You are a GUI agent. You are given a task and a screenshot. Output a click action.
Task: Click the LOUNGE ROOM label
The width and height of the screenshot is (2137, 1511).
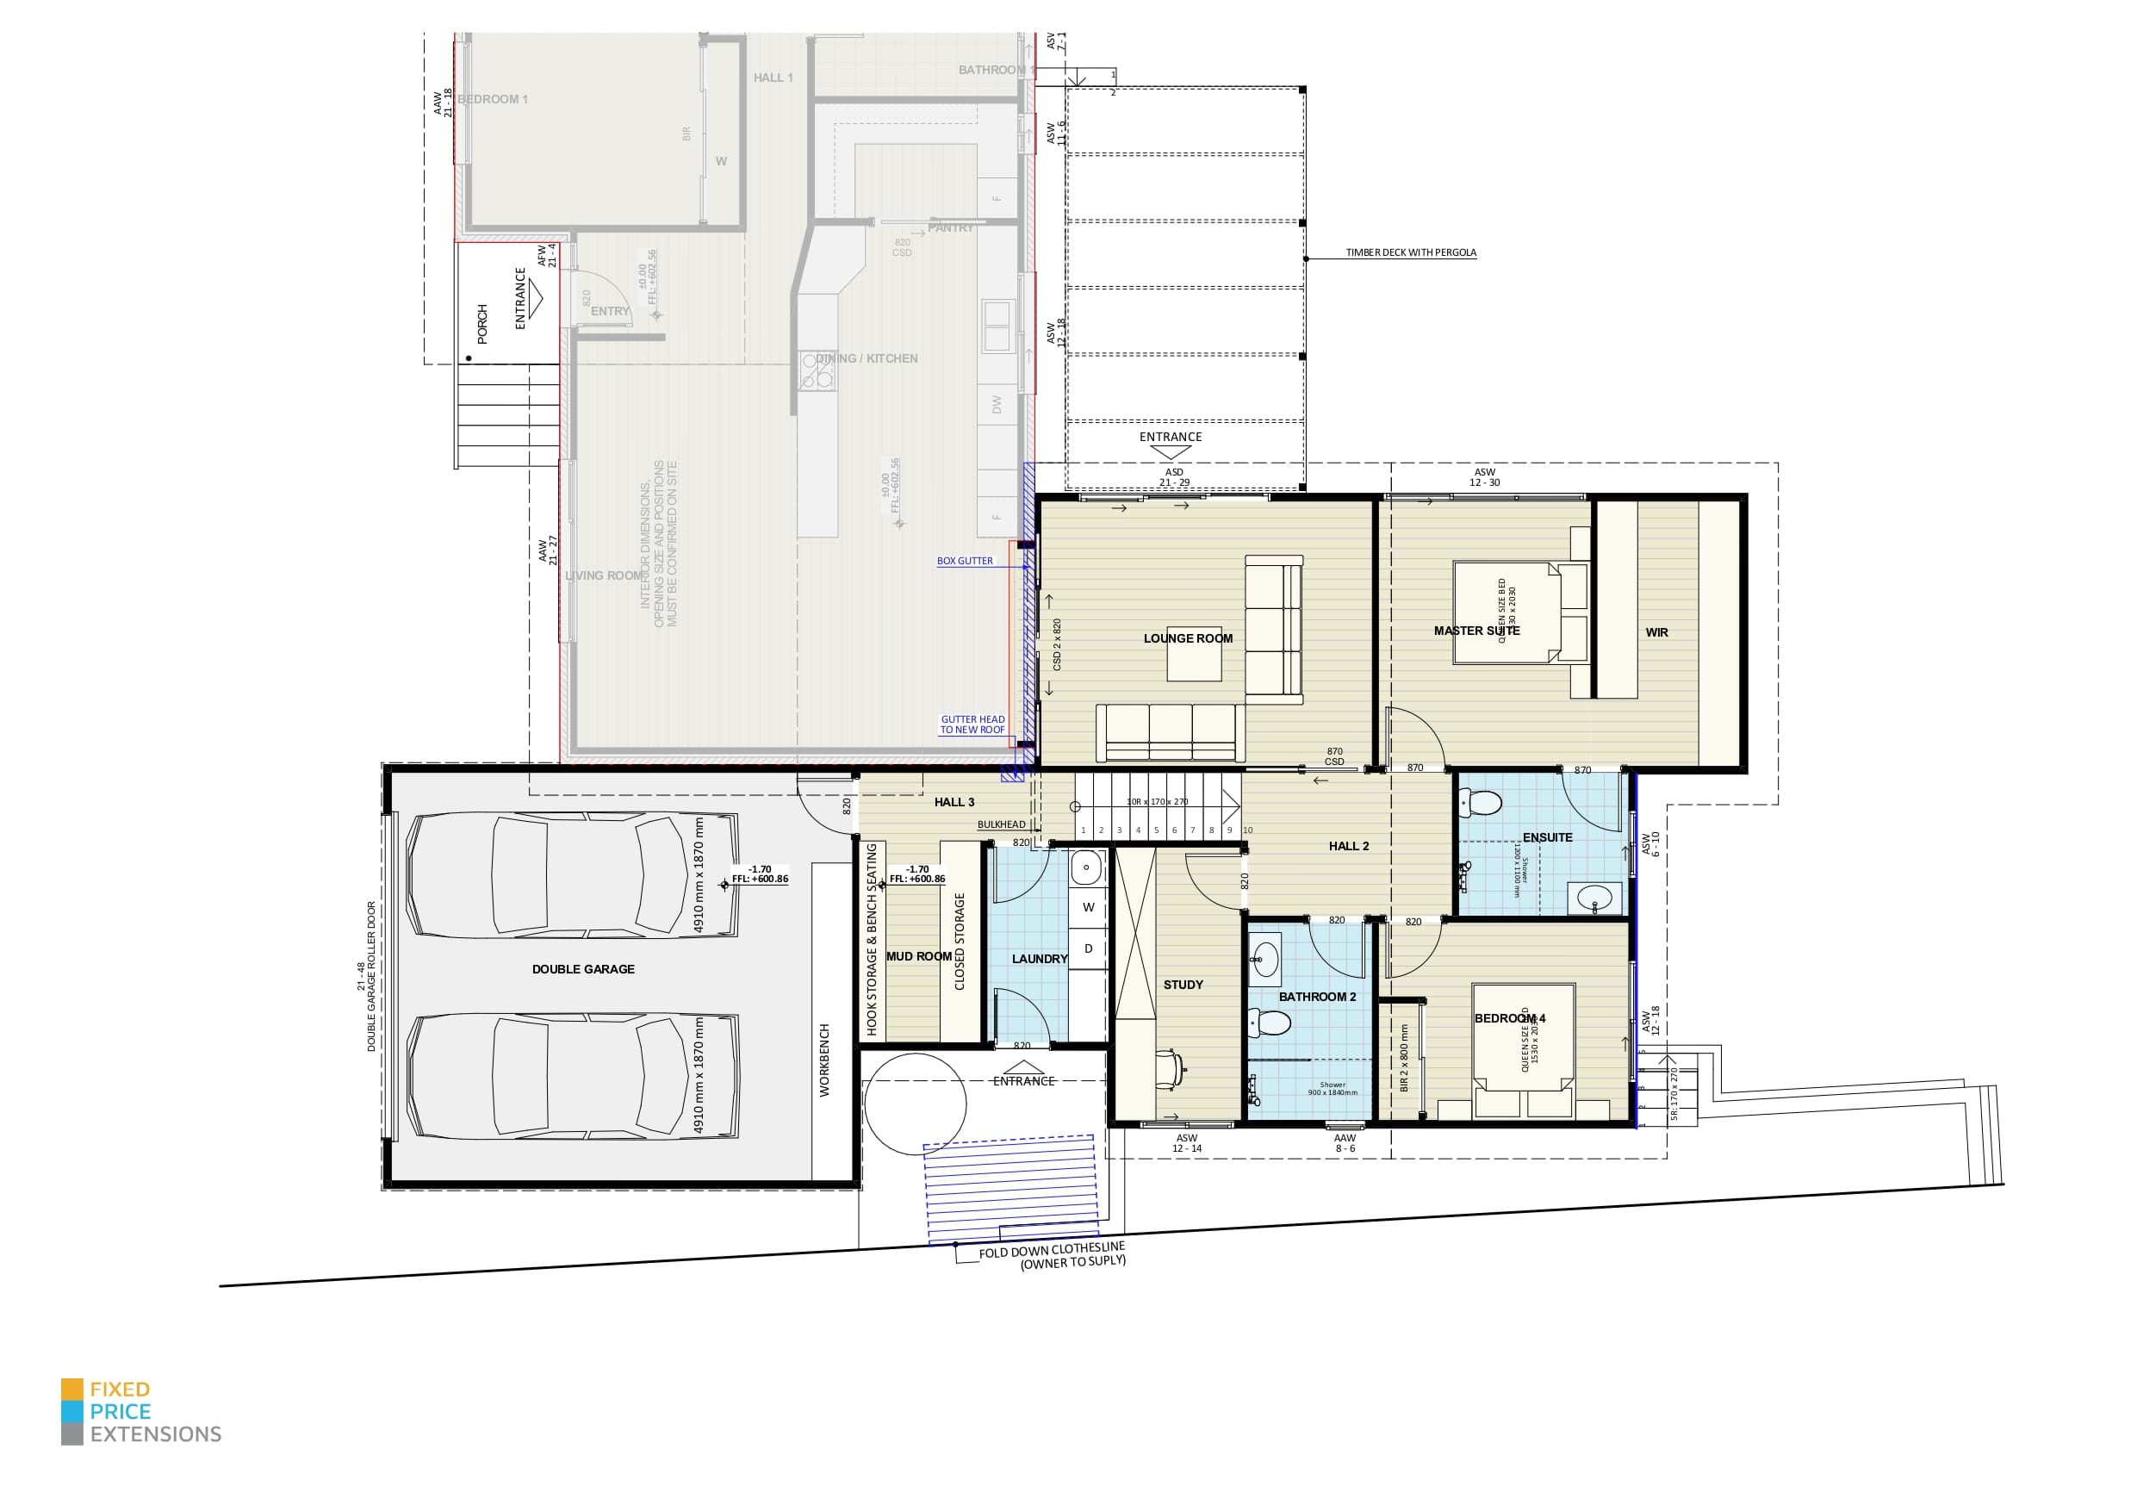pos(1188,638)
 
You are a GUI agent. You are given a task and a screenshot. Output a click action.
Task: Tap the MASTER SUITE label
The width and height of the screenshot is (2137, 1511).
pos(1476,631)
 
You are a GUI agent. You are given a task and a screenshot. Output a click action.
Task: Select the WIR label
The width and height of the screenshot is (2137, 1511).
pos(1656,632)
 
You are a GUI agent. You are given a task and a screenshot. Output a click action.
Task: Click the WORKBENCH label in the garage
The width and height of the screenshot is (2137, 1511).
pos(823,1060)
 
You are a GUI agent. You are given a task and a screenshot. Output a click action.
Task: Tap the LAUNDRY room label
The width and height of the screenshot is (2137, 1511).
pos(1039,959)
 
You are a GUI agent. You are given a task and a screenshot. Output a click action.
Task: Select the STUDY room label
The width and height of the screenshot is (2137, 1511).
pos(1183,985)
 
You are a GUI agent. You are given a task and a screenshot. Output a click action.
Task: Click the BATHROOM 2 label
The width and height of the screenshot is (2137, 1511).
pos(1317,997)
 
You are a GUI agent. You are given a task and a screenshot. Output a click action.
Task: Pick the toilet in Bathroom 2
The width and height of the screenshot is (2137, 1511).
pos(1271,1024)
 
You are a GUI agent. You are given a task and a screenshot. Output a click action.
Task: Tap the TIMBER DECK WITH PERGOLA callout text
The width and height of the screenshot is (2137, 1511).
pos(1411,252)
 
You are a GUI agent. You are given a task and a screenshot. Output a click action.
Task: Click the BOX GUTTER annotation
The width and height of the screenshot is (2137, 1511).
pos(964,562)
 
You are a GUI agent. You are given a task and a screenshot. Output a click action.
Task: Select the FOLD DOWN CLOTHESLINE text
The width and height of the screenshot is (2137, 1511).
pos(1052,1250)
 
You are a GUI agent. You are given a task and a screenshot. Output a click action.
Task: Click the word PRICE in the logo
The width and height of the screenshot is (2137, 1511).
pos(120,1411)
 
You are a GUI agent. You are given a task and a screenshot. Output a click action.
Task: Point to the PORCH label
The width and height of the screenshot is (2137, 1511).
pos(482,323)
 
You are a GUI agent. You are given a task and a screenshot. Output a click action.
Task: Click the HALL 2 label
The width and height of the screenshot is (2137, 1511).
pos(1349,846)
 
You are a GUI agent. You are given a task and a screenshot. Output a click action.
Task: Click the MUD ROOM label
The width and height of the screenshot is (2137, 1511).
pos(919,957)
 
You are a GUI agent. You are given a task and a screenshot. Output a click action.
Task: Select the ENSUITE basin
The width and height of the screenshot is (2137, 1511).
pos(1595,899)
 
